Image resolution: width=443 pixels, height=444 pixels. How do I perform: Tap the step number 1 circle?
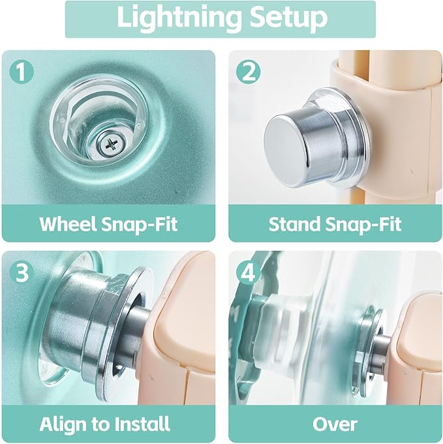click(22, 72)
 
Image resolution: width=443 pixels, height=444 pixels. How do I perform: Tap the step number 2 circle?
click(249, 72)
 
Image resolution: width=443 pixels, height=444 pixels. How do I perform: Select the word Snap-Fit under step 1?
click(139, 225)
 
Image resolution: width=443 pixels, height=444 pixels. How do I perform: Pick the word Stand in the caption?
click(294, 224)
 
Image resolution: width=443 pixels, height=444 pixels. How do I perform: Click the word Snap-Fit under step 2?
click(363, 225)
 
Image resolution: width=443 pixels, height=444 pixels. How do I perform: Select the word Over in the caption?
click(335, 424)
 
